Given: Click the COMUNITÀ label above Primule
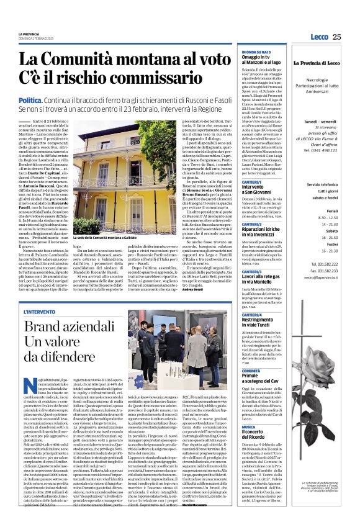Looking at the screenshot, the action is point(251,371).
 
